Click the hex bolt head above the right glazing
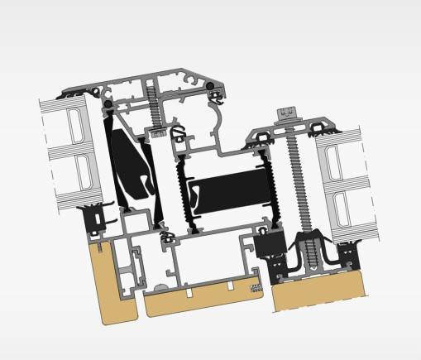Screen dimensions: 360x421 (289, 110)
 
